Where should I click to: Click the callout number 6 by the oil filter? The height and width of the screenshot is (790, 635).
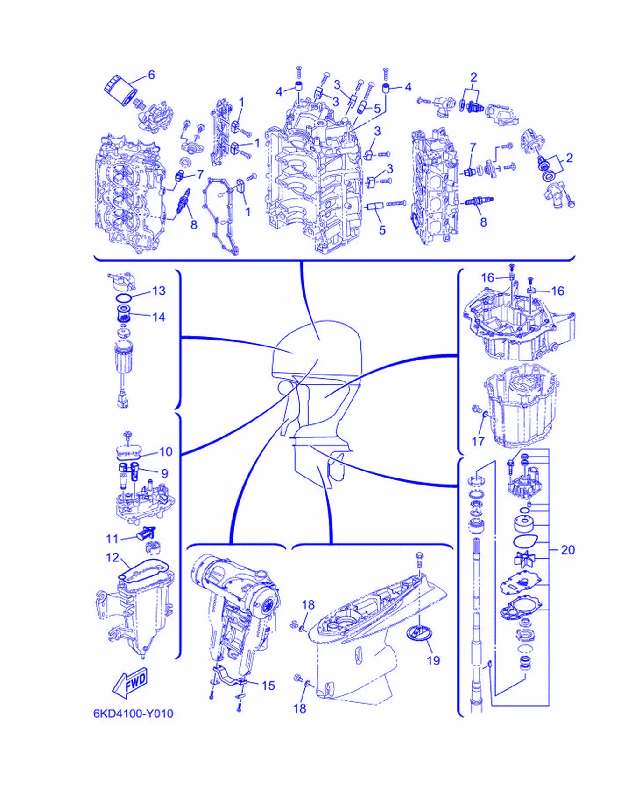(x=151, y=75)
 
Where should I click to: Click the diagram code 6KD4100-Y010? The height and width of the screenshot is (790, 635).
(x=134, y=714)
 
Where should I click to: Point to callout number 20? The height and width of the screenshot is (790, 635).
(x=568, y=550)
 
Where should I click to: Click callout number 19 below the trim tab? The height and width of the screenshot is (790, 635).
(x=433, y=660)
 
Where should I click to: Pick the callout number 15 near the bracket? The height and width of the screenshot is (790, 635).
(x=268, y=686)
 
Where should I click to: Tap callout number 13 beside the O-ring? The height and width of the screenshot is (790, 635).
(x=159, y=291)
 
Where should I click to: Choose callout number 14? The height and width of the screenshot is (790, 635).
(x=159, y=317)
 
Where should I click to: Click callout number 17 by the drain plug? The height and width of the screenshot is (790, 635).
(x=478, y=441)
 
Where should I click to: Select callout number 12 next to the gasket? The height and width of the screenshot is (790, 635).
(x=113, y=557)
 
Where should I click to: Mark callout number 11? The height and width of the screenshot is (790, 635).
(x=113, y=539)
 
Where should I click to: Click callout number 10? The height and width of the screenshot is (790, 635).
(x=166, y=451)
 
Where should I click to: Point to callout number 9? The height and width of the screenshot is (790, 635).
(x=164, y=473)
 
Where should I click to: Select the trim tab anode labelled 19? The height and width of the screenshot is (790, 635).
(x=419, y=634)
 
